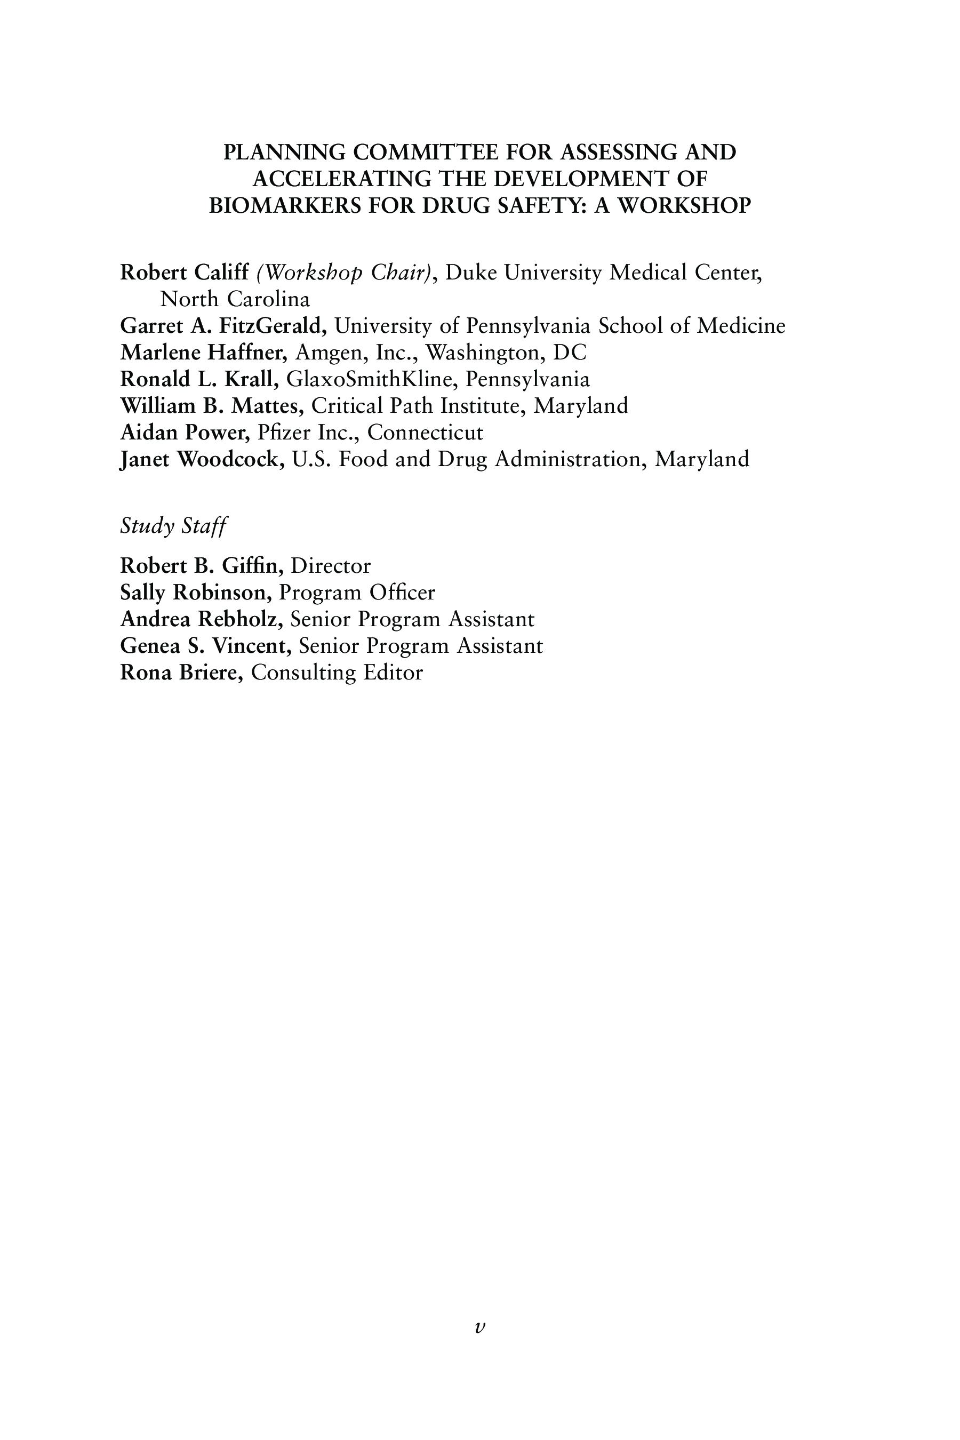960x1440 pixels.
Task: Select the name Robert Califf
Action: coord(185,273)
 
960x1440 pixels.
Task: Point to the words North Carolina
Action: coord(235,299)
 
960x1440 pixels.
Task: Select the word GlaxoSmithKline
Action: coord(372,380)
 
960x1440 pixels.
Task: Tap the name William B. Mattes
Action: coord(212,406)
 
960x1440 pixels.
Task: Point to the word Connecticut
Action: coord(425,433)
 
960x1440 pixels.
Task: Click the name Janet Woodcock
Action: coord(202,459)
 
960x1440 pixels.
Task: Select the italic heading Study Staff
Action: coord(173,526)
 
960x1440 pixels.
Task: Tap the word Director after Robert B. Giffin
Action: coord(331,566)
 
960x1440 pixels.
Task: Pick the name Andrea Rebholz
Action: coord(202,620)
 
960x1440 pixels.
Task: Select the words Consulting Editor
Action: coord(337,673)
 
